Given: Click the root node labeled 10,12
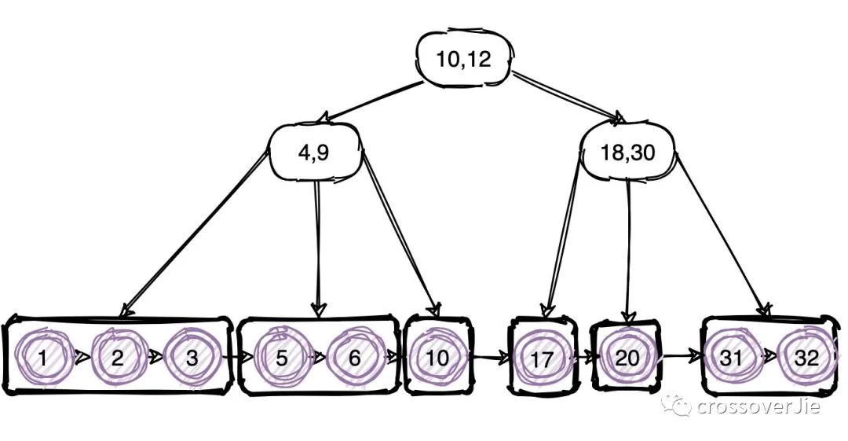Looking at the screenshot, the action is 465,58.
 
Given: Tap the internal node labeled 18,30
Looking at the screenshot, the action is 628,153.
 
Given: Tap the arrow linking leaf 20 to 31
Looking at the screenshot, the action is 682,356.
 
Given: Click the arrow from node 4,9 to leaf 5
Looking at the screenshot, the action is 318,248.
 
